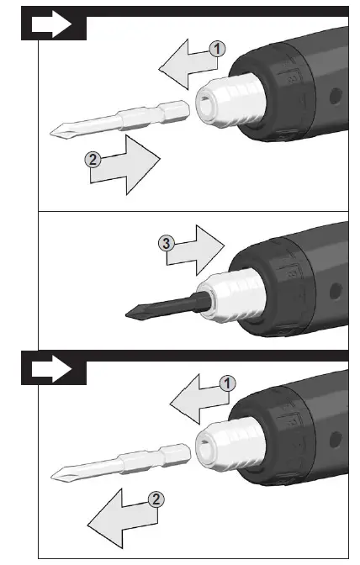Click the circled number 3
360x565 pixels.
click(x=168, y=244)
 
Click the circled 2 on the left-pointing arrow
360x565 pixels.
click(x=155, y=499)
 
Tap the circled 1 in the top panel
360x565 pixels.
click(x=217, y=49)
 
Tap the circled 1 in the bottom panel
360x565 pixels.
click(x=225, y=383)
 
